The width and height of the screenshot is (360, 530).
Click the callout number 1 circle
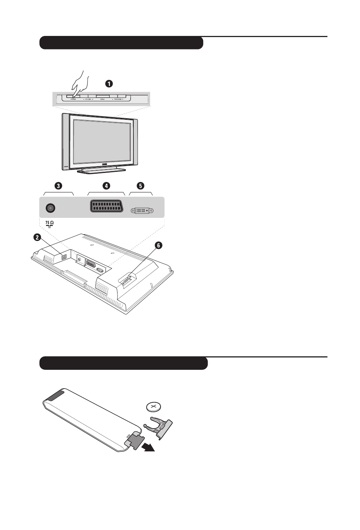point(109,84)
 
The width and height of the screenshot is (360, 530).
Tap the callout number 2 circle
point(37,237)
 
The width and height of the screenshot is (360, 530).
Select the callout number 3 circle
point(58,186)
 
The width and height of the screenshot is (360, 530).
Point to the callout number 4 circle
point(106,186)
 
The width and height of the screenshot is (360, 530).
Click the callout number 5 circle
point(140,186)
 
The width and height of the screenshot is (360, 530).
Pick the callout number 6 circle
point(158,246)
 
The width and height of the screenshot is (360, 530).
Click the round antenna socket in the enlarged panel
point(50,208)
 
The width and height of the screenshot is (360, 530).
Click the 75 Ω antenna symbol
point(49,225)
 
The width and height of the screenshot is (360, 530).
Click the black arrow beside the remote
point(148,447)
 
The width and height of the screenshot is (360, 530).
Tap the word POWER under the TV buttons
point(73,100)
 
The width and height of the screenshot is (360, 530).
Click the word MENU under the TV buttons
point(102,100)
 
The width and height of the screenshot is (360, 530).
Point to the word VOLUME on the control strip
point(87,100)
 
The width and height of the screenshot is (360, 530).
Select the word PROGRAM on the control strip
point(118,100)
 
